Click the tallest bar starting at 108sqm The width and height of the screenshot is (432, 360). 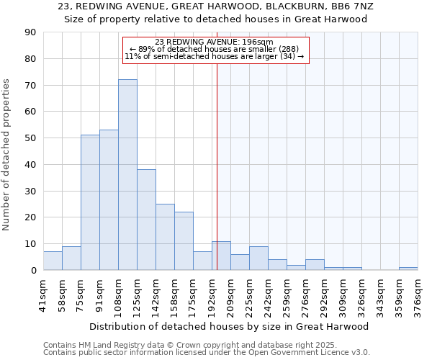(127, 175)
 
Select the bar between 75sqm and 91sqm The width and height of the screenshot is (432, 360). (90, 202)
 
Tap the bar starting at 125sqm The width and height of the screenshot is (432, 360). (146, 220)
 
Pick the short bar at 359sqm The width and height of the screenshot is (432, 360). (408, 269)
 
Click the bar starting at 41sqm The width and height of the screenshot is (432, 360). (53, 261)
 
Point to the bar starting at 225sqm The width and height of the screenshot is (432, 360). (258, 258)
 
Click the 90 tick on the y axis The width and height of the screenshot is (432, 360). (30, 32)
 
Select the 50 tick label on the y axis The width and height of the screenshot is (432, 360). (30, 138)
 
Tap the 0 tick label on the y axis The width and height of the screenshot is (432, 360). (33, 270)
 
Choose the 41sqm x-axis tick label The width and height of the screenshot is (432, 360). (43, 293)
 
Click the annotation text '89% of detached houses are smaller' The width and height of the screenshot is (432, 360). (215, 49)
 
